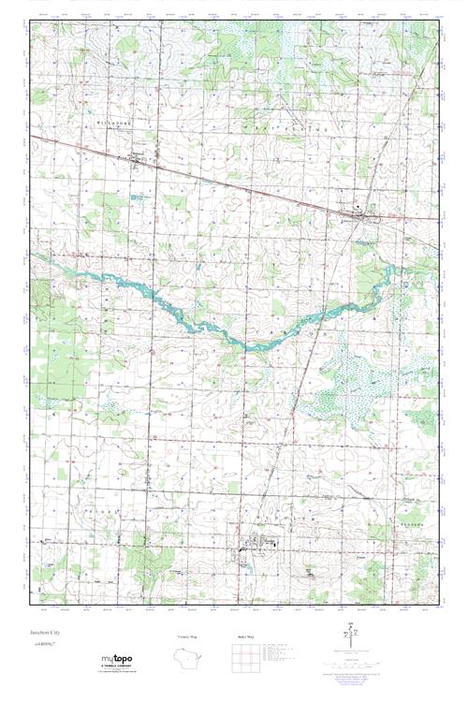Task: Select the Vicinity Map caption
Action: pyautogui.click(x=186, y=636)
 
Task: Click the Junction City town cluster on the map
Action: pyautogui.click(x=359, y=217)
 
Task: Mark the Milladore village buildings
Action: pyautogui.click(x=140, y=160)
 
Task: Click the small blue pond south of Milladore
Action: pyautogui.click(x=139, y=198)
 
